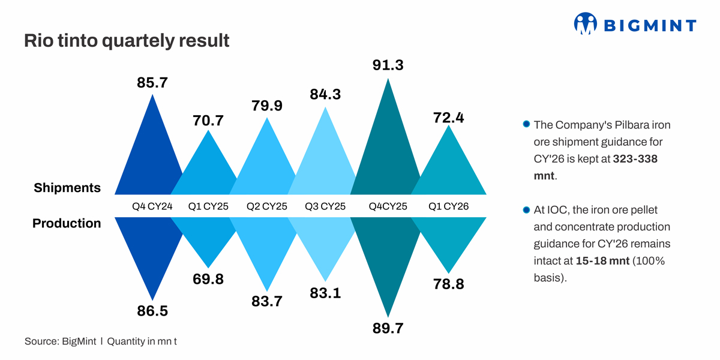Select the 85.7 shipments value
pyautogui.click(x=152, y=83)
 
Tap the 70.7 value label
pyautogui.click(x=208, y=121)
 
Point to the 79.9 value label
pyautogui.click(x=267, y=107)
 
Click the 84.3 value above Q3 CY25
pyautogui.click(x=325, y=94)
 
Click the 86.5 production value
pyautogui.click(x=152, y=311)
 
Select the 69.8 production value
pyautogui.click(x=208, y=279)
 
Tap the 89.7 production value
pyautogui.click(x=388, y=328)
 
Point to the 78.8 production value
pyautogui.click(x=448, y=284)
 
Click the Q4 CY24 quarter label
pyautogui.click(x=152, y=206)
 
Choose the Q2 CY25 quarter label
pyautogui.click(x=267, y=206)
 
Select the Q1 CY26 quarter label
pyautogui.click(x=448, y=206)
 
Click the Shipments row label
pyautogui.click(x=67, y=188)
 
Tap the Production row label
pyautogui.click(x=67, y=223)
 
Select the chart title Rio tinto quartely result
pyautogui.click(x=127, y=41)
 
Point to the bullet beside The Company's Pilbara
pyautogui.click(x=526, y=125)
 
